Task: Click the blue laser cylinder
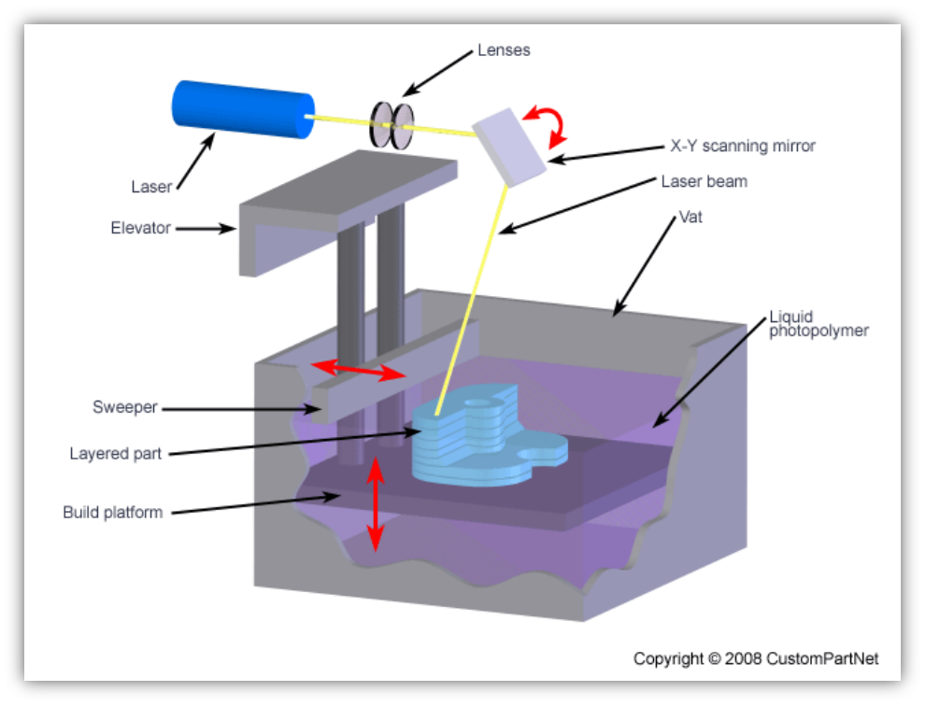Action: (x=242, y=107)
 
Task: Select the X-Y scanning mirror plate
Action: (x=509, y=144)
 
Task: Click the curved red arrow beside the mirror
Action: (x=549, y=125)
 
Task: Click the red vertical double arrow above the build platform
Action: (x=375, y=503)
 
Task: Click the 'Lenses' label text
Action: (x=504, y=49)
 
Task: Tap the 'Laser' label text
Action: (x=151, y=187)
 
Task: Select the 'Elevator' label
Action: (x=141, y=227)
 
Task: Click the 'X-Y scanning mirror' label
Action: (x=743, y=146)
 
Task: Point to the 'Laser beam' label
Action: (x=704, y=181)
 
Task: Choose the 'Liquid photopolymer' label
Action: (x=819, y=323)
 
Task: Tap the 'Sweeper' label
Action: (x=125, y=407)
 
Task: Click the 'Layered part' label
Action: (x=116, y=454)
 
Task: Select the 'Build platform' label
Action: (x=113, y=512)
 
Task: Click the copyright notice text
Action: (x=755, y=658)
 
